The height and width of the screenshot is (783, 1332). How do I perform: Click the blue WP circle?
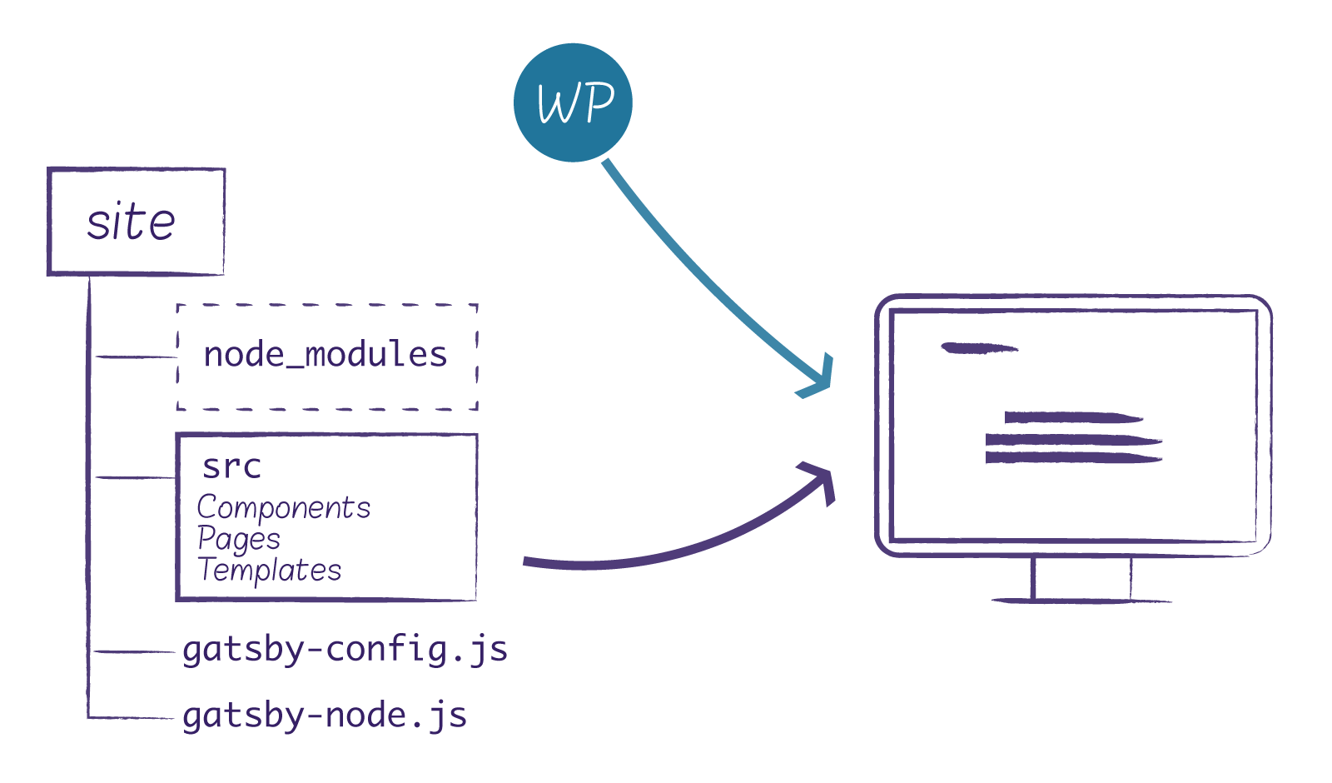click(x=573, y=102)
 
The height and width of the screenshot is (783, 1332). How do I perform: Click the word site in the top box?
click(x=132, y=222)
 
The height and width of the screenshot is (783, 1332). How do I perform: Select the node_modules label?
click(x=326, y=356)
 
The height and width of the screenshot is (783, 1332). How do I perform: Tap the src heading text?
click(x=231, y=466)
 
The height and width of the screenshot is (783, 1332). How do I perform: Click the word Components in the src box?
click(x=283, y=507)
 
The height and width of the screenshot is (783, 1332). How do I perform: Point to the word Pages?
click(x=238, y=539)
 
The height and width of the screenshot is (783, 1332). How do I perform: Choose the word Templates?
click(x=270, y=571)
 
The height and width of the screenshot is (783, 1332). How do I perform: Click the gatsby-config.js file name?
click(x=345, y=650)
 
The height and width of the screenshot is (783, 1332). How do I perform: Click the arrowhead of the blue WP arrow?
click(x=820, y=380)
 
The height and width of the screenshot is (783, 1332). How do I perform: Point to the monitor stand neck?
click(x=1081, y=576)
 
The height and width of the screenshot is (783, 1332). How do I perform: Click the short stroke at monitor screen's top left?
click(x=979, y=348)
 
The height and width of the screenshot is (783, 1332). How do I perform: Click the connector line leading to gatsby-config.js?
click(x=133, y=651)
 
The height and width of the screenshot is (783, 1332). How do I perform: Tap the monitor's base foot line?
click(x=1081, y=600)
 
